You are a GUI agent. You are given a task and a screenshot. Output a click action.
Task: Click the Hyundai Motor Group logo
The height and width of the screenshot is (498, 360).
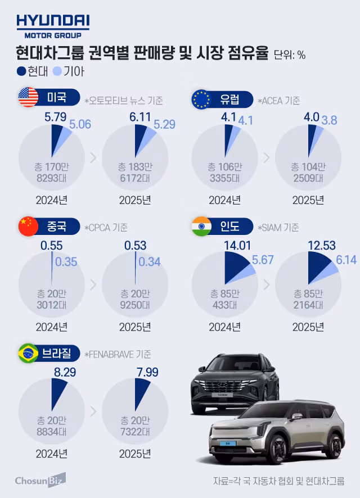(53, 25)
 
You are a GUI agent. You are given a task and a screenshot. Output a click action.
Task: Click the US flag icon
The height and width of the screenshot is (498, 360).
(28, 97)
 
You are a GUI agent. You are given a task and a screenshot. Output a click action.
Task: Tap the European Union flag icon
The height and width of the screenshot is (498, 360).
(201, 99)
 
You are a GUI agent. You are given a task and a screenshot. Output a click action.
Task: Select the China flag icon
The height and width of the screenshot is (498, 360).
(28, 226)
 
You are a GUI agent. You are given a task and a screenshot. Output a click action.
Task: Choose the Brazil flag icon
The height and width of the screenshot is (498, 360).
(28, 354)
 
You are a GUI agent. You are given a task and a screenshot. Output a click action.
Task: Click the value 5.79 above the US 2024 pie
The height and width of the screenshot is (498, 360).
(55, 119)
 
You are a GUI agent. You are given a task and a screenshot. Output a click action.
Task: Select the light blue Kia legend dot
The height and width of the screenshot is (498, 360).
(56, 71)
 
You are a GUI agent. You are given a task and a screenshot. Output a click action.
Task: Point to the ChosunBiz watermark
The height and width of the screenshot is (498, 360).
(40, 481)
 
